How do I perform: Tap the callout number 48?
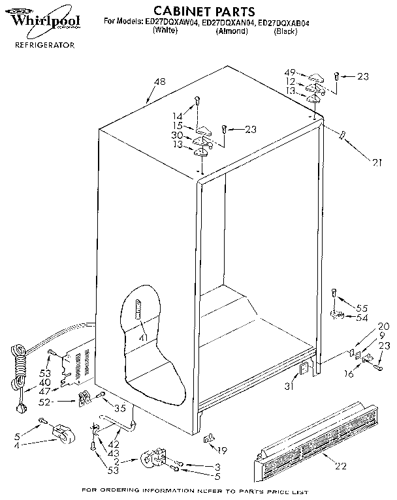coord(159,82)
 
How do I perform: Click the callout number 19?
coord(223,450)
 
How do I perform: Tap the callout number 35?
coord(119,409)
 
